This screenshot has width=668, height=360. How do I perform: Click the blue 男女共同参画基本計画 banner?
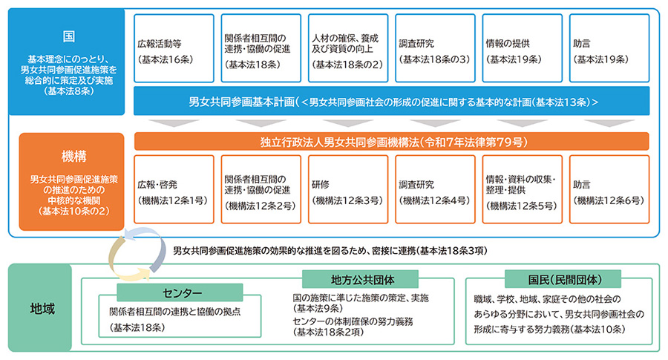[x=392, y=101]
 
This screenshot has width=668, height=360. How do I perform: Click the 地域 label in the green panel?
[x=39, y=306]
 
